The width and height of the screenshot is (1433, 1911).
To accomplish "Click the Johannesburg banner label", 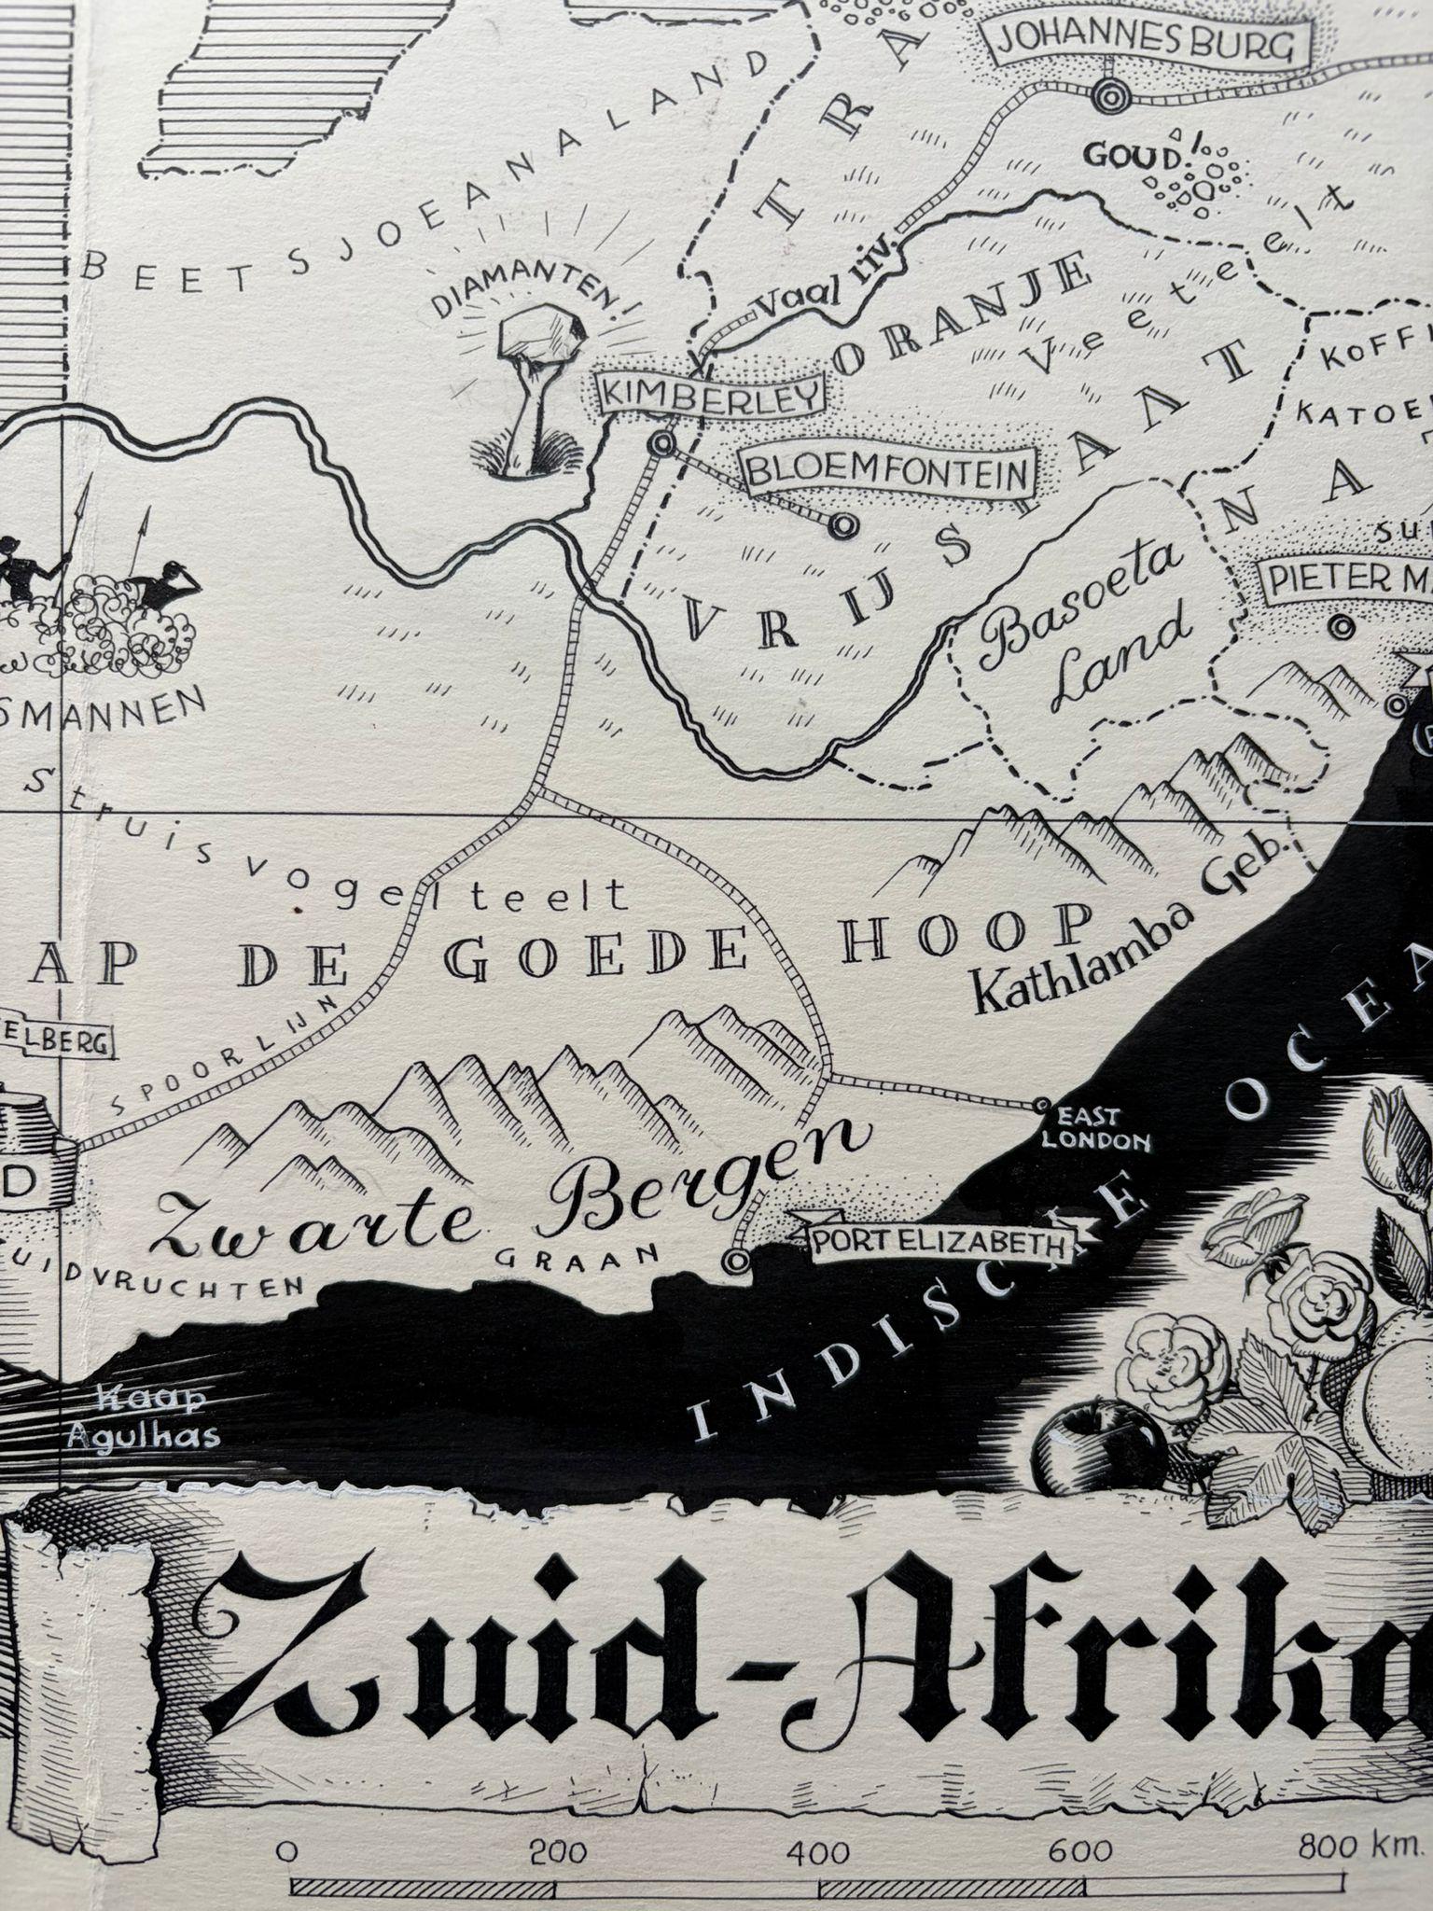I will coord(1148,43).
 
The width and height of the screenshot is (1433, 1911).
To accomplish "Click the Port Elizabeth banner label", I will coord(939,1242).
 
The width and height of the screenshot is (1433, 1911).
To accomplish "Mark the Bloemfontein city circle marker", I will coord(845,525).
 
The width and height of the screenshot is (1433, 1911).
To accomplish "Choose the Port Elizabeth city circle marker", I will coord(736,1262).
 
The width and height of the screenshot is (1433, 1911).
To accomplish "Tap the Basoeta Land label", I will coord(1082,623).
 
